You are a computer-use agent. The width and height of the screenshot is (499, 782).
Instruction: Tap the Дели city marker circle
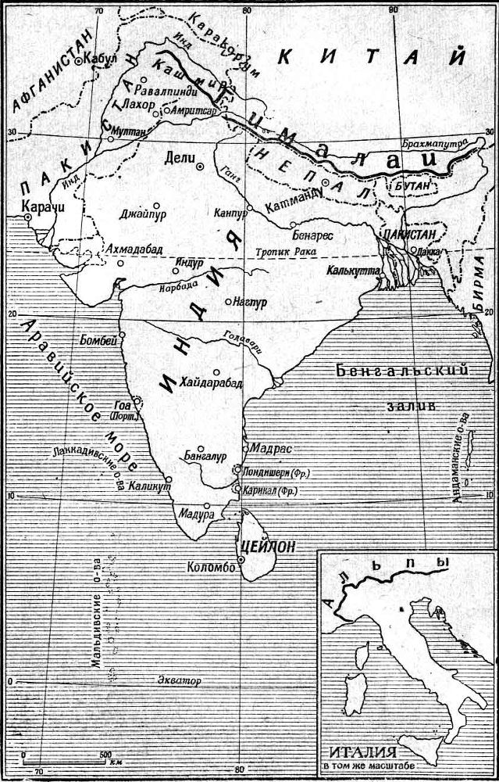[x=200, y=167]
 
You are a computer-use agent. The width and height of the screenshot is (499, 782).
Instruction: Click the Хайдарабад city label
[x=211, y=382]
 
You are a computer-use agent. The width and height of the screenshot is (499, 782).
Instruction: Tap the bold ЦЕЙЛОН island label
[x=269, y=547]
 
